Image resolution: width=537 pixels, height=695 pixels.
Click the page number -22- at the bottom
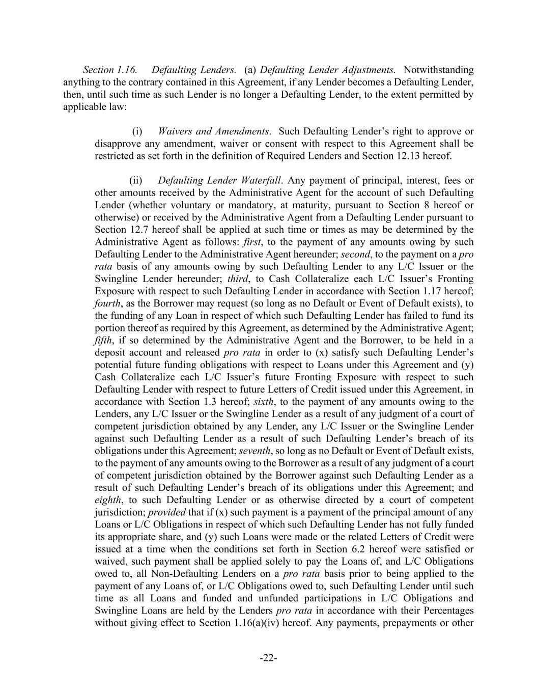[x=268, y=658]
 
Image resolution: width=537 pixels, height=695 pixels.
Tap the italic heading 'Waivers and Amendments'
[x=213, y=131]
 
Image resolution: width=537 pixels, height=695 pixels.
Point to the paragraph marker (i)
[x=137, y=131]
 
